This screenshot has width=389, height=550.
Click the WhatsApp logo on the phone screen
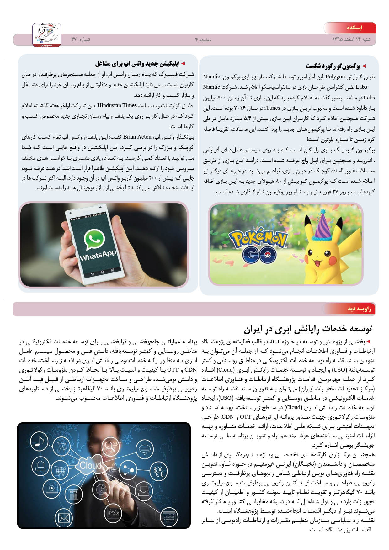point(94,240)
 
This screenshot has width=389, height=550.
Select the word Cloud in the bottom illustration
point(90,465)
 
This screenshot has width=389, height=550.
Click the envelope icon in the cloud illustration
point(64,518)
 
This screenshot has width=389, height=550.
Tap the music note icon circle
point(39,441)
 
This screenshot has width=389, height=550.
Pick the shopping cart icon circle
point(60,470)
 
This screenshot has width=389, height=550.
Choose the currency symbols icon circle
point(158,471)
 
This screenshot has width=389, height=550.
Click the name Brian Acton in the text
point(137,137)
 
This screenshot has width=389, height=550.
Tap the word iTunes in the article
point(272,108)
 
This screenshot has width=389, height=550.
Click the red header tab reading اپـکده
point(354,28)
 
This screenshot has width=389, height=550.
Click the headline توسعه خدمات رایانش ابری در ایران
point(308,329)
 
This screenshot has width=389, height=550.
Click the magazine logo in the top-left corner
point(47,34)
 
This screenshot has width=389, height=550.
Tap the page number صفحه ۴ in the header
point(203,40)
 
